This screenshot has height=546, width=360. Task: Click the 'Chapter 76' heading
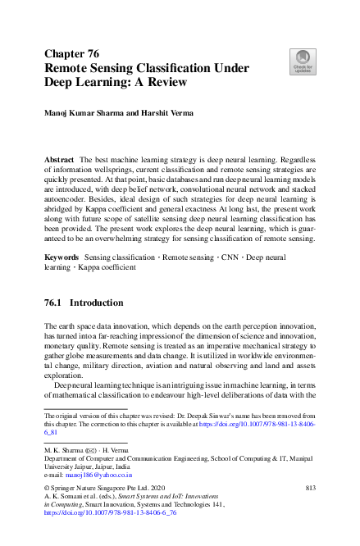tap(75, 52)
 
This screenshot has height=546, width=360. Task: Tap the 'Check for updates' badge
tap(302, 61)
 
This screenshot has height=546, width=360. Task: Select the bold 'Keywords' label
tap(62, 257)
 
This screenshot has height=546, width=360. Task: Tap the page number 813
tap(310, 489)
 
